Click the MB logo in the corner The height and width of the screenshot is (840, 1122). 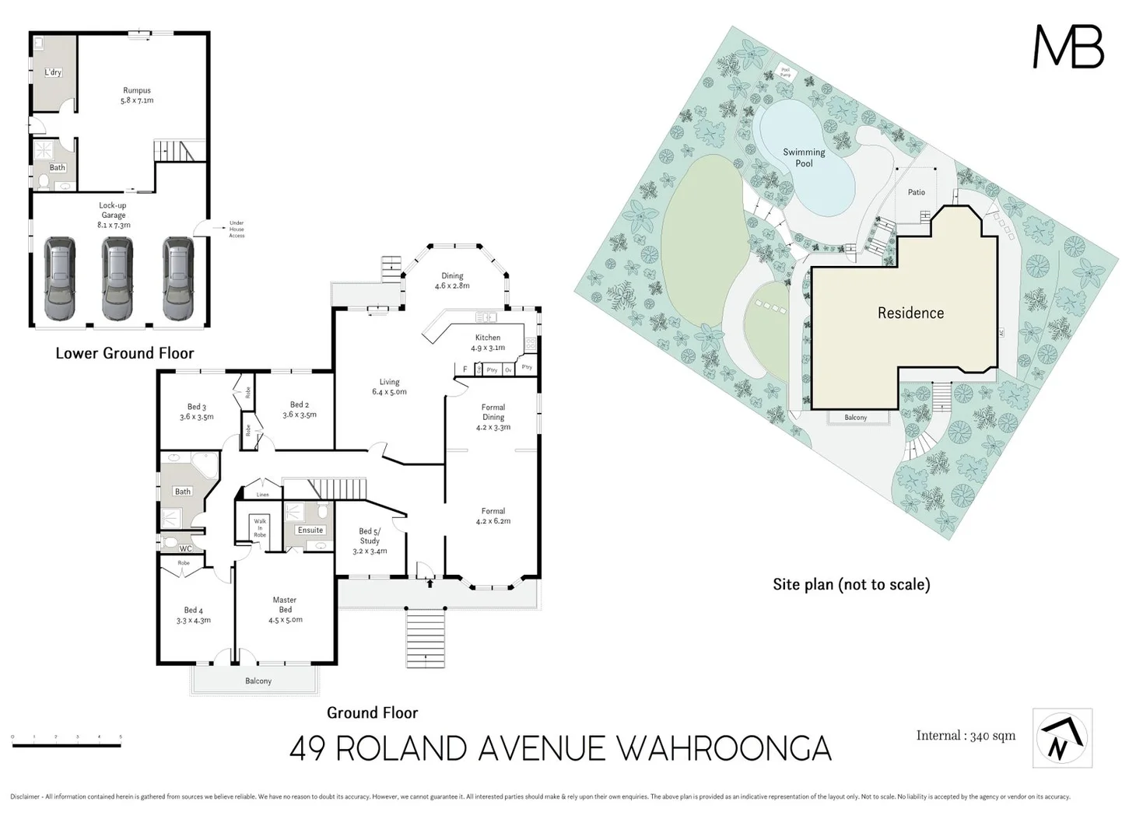(x=1068, y=47)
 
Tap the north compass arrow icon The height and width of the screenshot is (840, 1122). (x=1062, y=738)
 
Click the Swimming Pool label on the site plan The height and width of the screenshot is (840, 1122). (x=804, y=158)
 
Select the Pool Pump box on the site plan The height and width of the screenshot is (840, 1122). (x=785, y=73)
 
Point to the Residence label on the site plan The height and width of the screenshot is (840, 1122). (x=910, y=313)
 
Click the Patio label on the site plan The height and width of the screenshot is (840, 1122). (x=916, y=192)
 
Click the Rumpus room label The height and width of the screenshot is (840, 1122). (x=136, y=90)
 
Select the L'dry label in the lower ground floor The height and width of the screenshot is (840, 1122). (x=53, y=72)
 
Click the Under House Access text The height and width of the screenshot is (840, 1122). (x=237, y=229)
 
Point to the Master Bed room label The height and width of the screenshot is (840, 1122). (x=285, y=604)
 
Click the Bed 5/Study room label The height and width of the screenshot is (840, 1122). (x=370, y=536)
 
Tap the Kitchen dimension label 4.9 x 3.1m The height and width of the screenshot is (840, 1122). (x=488, y=348)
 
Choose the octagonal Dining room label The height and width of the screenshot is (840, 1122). (x=452, y=275)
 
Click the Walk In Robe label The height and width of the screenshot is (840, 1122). (x=260, y=528)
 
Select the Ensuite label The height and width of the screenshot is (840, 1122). (x=310, y=530)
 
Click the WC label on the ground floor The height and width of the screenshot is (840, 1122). (x=185, y=548)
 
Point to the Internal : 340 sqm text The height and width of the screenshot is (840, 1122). (x=966, y=736)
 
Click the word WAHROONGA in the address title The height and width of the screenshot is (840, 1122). (x=724, y=749)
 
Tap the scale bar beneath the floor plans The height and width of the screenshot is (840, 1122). (x=67, y=745)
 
